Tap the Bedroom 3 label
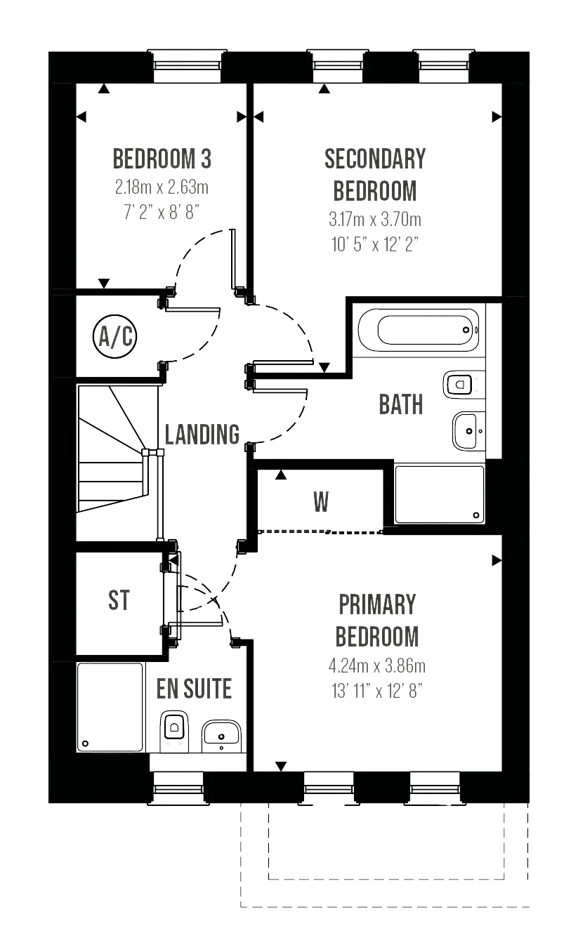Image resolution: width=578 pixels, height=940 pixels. coord(162,159)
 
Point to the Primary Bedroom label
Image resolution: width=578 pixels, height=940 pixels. coord(377,621)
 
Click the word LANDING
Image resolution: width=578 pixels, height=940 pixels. coord(203,434)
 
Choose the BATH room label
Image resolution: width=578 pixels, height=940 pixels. coord(402,404)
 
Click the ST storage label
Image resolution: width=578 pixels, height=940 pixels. coord(119,601)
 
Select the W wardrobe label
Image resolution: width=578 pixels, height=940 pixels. coord(321,502)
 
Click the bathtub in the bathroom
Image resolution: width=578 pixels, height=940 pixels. coord(420,329)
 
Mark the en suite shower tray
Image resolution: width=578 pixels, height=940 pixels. coord(110,706)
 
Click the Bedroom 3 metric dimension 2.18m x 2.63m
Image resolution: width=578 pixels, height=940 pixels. coord(162,187)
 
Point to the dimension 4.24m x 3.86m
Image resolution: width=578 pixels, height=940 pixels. coord(376,666)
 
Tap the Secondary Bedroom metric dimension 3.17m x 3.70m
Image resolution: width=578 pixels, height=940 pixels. coord(374,220)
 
